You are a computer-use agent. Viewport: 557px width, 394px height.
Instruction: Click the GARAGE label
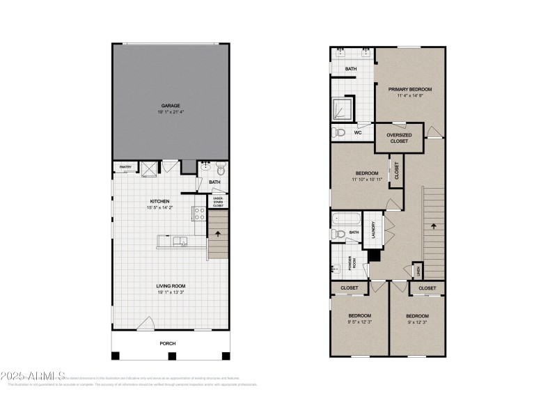171,106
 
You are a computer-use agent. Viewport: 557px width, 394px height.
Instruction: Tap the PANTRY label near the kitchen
125,167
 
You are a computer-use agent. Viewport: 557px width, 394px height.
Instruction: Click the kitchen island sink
182,241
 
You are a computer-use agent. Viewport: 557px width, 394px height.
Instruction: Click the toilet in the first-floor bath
220,168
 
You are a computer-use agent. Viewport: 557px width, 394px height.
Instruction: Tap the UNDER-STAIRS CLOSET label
218,202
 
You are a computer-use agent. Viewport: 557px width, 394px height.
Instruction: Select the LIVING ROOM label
171,285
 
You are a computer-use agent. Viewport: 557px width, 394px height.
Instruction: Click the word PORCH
167,344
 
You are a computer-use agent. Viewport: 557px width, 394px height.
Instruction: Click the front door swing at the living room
146,323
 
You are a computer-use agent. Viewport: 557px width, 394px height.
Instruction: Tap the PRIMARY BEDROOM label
410,89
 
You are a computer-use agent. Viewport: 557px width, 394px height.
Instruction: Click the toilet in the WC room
339,132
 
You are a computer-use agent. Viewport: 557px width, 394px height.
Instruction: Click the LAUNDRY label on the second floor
374,230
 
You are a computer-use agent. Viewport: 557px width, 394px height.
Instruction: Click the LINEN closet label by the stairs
418,270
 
